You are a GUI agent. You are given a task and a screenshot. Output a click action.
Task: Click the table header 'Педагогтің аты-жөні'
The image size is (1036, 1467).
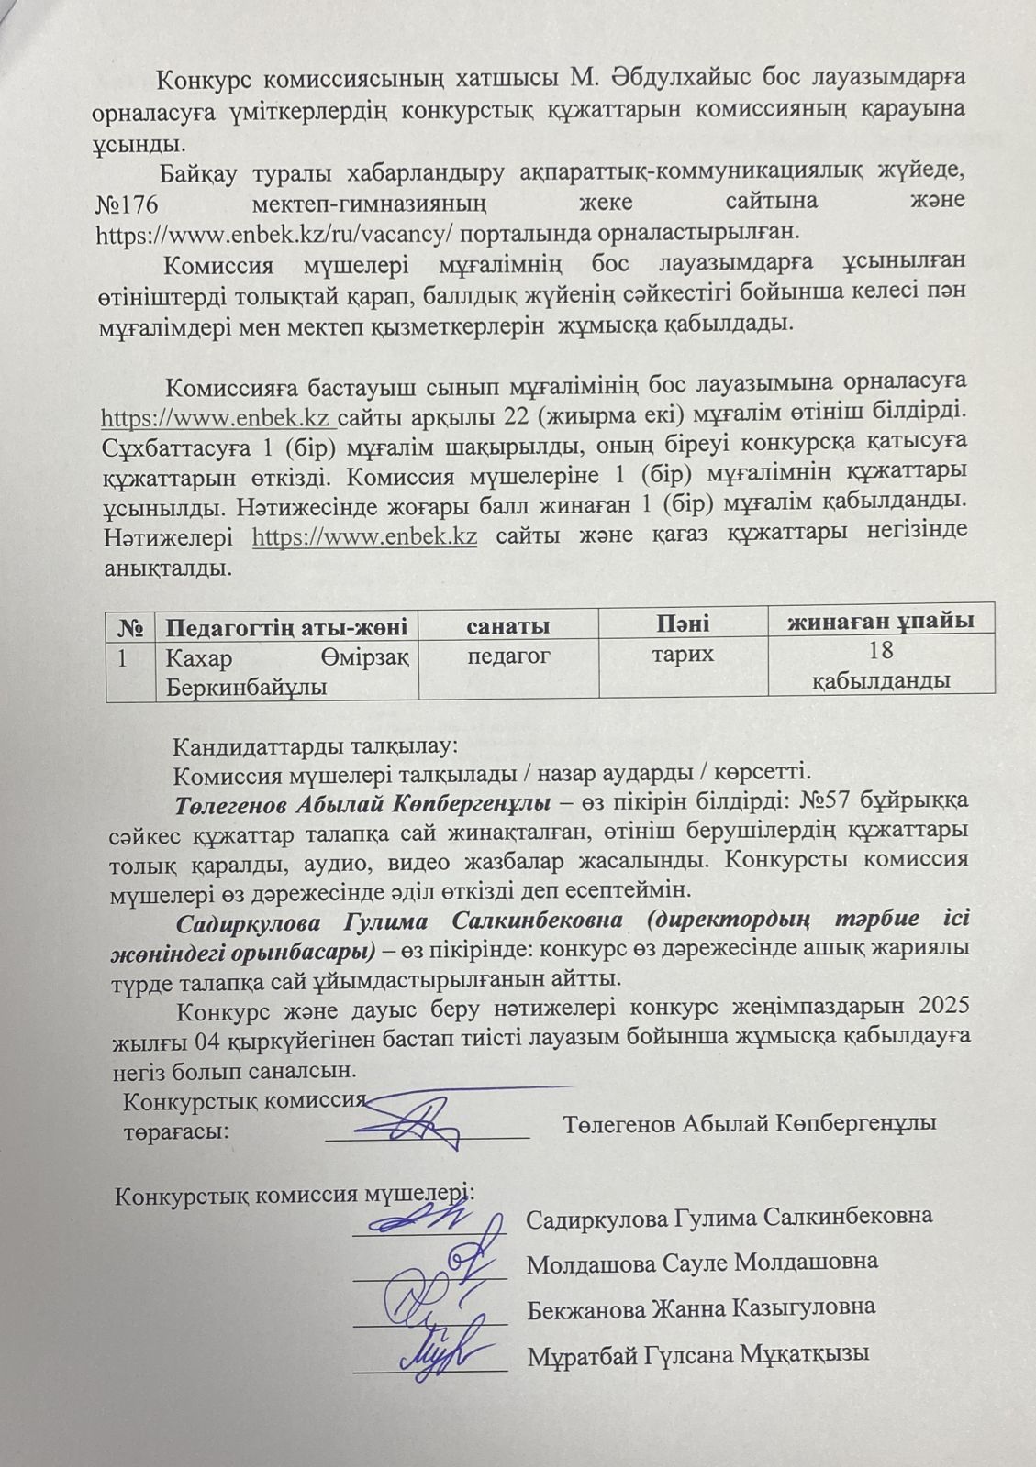285,627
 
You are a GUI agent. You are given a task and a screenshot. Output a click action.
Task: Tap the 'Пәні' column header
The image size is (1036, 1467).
682,623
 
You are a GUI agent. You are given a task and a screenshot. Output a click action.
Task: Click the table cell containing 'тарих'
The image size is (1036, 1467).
682,654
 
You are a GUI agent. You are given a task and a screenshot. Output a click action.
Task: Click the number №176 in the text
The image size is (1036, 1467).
128,201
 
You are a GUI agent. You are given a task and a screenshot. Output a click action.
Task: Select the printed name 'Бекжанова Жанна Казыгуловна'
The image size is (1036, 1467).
701,1307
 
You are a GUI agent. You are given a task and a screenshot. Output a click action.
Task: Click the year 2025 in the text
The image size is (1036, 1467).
938,1006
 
